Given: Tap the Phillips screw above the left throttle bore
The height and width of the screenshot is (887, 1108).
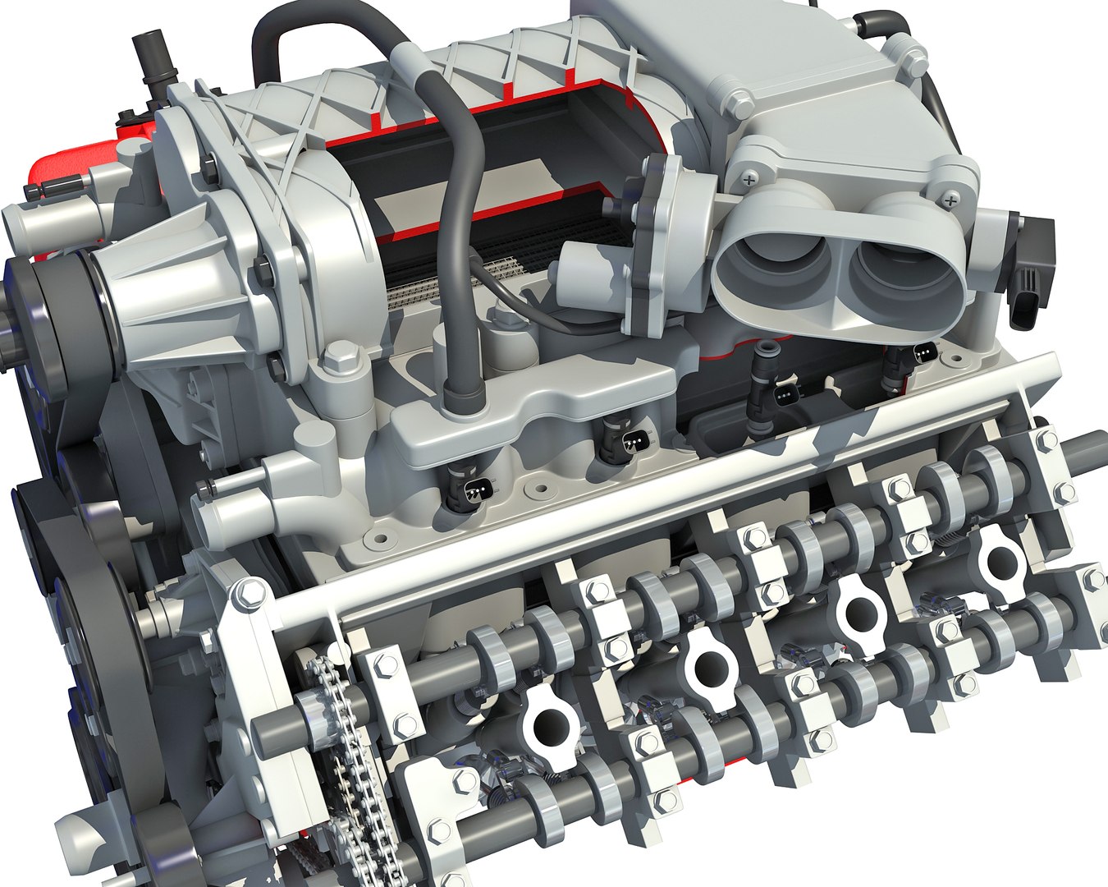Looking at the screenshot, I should pos(749,175).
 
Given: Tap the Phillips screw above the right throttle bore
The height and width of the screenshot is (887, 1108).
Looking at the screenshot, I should pos(951,199).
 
